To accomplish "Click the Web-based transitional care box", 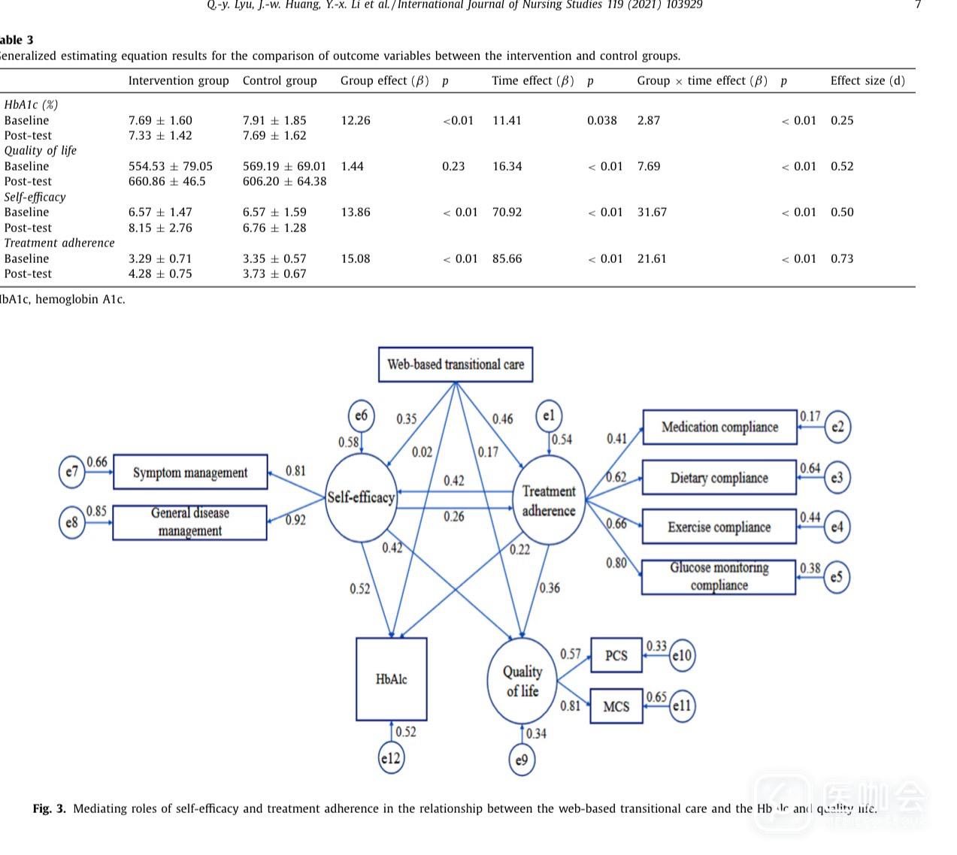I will point(455,364).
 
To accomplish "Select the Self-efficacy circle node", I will point(362,497).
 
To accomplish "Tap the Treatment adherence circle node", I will point(549,500).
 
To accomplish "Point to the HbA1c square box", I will point(391,679).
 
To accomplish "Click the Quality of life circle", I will point(522,681).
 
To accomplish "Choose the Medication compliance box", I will point(719,427).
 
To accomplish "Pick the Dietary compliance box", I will point(719,478).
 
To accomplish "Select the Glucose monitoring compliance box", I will point(719,576).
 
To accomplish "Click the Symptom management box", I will point(190,473).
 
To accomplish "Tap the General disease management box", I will point(190,521).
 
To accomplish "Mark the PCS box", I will point(616,655).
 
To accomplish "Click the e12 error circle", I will point(390,758).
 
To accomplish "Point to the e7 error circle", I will point(71,472).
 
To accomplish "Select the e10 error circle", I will point(682,655).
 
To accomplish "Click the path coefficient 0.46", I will point(502,419).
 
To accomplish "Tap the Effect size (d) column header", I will point(868,80).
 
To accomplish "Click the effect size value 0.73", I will point(842,258).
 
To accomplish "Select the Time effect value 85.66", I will point(507,258).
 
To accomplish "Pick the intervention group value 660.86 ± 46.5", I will point(167,181).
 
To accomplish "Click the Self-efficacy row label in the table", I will point(35,197).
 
